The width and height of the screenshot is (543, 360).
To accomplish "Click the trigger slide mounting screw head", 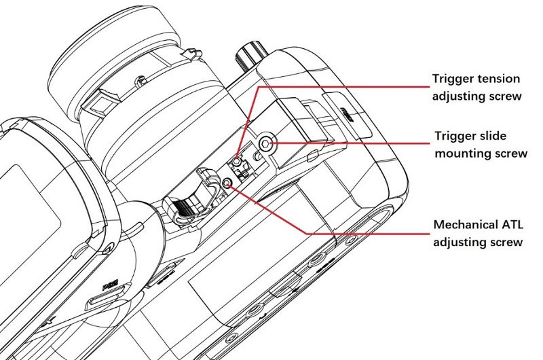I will pyautogui.click(x=266, y=143).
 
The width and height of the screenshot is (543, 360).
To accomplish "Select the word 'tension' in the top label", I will pyautogui.click(x=499, y=79).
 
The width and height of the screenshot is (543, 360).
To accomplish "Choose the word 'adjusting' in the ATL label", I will pyautogui.click(x=461, y=242).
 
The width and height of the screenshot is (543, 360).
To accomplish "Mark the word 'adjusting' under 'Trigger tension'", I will pyautogui.click(x=461, y=96).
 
